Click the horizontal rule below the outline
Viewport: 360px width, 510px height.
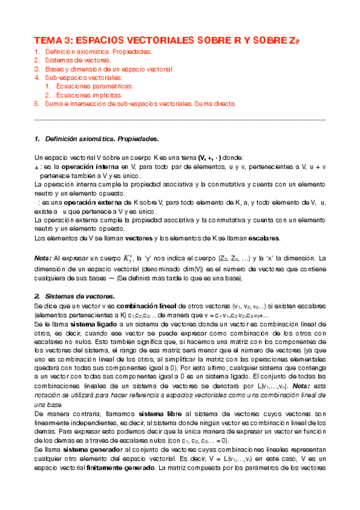pyautogui.click(x=180, y=120)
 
